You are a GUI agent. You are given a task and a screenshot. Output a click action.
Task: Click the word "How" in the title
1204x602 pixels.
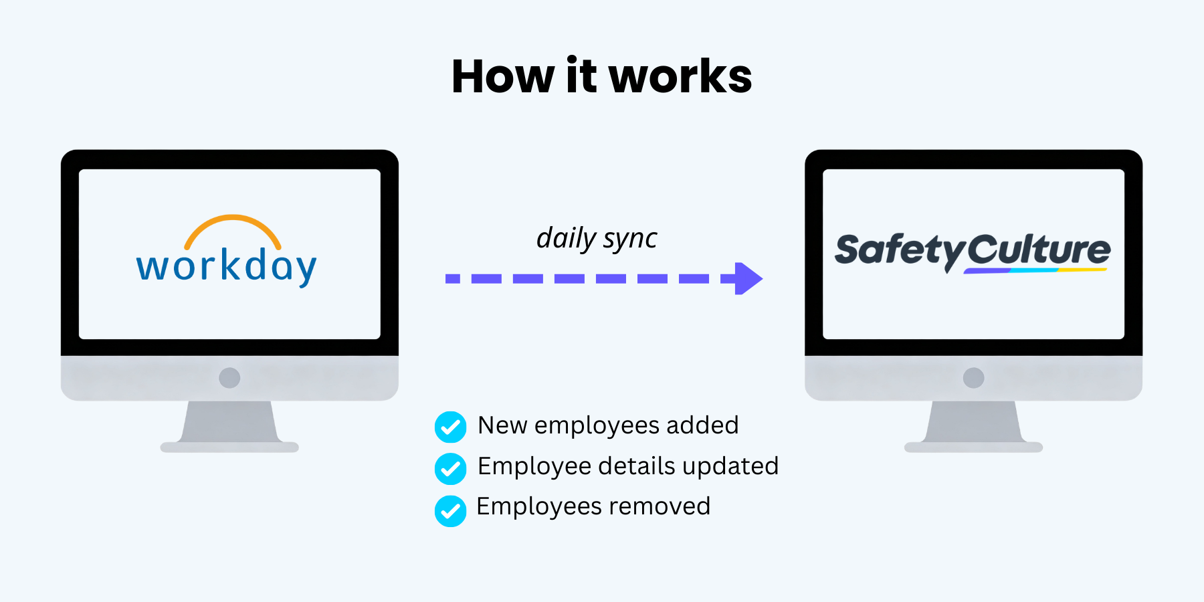tap(503, 76)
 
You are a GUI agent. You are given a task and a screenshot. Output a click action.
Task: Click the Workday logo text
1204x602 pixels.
tap(226, 267)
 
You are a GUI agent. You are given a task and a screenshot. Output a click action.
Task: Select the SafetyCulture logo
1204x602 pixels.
tap(973, 252)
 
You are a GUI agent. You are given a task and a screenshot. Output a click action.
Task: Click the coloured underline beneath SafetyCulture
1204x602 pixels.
tap(1035, 270)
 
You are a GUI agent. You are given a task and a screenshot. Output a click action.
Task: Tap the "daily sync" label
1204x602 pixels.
tap(597, 238)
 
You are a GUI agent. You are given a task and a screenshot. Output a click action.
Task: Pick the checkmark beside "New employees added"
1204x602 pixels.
tap(451, 427)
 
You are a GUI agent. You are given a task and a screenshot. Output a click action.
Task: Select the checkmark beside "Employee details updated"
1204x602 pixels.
tap(451, 469)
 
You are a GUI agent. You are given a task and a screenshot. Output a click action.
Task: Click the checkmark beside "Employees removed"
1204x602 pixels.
tap(451, 511)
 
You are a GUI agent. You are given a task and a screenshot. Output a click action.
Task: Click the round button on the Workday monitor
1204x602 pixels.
tap(229, 378)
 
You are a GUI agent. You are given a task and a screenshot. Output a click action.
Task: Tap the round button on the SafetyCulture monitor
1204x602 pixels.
tap(973, 378)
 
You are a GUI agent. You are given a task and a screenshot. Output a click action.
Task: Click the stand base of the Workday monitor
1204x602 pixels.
tap(229, 447)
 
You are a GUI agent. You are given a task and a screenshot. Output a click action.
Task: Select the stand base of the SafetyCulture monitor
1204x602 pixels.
tap(973, 447)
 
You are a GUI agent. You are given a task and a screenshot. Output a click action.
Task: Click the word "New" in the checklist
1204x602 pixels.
tap(503, 425)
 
